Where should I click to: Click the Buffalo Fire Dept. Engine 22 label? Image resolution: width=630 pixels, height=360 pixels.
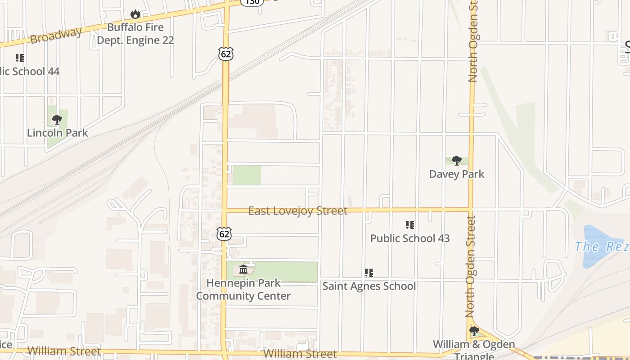click(135, 34)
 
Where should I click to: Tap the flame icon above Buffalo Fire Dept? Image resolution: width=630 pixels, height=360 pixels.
click(135, 14)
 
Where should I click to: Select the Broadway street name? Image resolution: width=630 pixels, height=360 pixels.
click(56, 36)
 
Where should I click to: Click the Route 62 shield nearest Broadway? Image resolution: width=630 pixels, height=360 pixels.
click(226, 54)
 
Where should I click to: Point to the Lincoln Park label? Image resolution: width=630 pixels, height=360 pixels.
click(57, 133)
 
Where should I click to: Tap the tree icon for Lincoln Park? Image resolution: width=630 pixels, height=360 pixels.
click(57, 120)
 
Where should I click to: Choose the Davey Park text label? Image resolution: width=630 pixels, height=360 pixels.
click(456, 174)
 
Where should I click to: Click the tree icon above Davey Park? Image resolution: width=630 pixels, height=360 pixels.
click(457, 160)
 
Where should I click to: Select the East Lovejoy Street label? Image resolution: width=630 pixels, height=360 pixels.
click(297, 211)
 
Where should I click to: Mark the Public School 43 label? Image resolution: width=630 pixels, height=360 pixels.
click(409, 238)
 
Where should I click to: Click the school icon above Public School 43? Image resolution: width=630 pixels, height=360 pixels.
click(409, 225)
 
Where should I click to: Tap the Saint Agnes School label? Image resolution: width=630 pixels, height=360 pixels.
click(369, 286)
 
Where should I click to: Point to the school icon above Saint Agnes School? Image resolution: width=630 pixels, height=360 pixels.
click(369, 272)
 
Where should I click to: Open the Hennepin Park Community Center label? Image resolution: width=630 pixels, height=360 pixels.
click(243, 289)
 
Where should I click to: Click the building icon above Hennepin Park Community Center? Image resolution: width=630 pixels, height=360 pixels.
click(243, 270)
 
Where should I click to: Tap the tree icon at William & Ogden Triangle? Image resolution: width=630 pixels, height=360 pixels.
click(474, 332)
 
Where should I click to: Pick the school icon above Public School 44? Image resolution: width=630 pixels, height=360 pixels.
click(19, 58)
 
